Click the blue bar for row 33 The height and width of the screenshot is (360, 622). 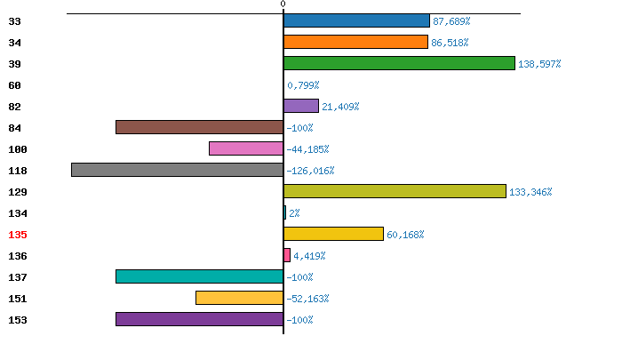tap(356, 20)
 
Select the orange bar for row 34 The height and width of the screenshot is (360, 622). tap(355, 42)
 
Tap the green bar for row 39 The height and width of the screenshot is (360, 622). tap(399, 63)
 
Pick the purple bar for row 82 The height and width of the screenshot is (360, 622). tap(301, 106)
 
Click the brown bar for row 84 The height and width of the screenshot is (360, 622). tap(199, 127)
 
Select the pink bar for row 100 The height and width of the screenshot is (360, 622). tap(246, 148)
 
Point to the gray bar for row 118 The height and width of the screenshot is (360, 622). tap(177, 170)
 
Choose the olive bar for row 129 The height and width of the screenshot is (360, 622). tap(395, 191)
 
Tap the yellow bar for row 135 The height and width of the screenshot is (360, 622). tap(333, 234)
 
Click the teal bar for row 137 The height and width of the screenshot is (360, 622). tap(199, 276)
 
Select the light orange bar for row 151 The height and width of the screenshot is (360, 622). tap(239, 298)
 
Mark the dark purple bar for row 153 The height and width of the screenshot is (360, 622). tap(199, 319)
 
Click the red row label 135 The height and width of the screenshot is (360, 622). tap(18, 235)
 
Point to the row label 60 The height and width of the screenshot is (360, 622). tap(15, 85)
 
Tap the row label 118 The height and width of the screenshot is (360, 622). tap(18, 171)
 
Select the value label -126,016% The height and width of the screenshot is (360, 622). tap(310, 171)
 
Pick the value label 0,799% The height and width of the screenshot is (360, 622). tap(303, 85)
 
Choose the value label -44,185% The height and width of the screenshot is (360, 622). tap(307, 149)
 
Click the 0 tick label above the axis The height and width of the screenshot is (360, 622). tap(283, 4)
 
